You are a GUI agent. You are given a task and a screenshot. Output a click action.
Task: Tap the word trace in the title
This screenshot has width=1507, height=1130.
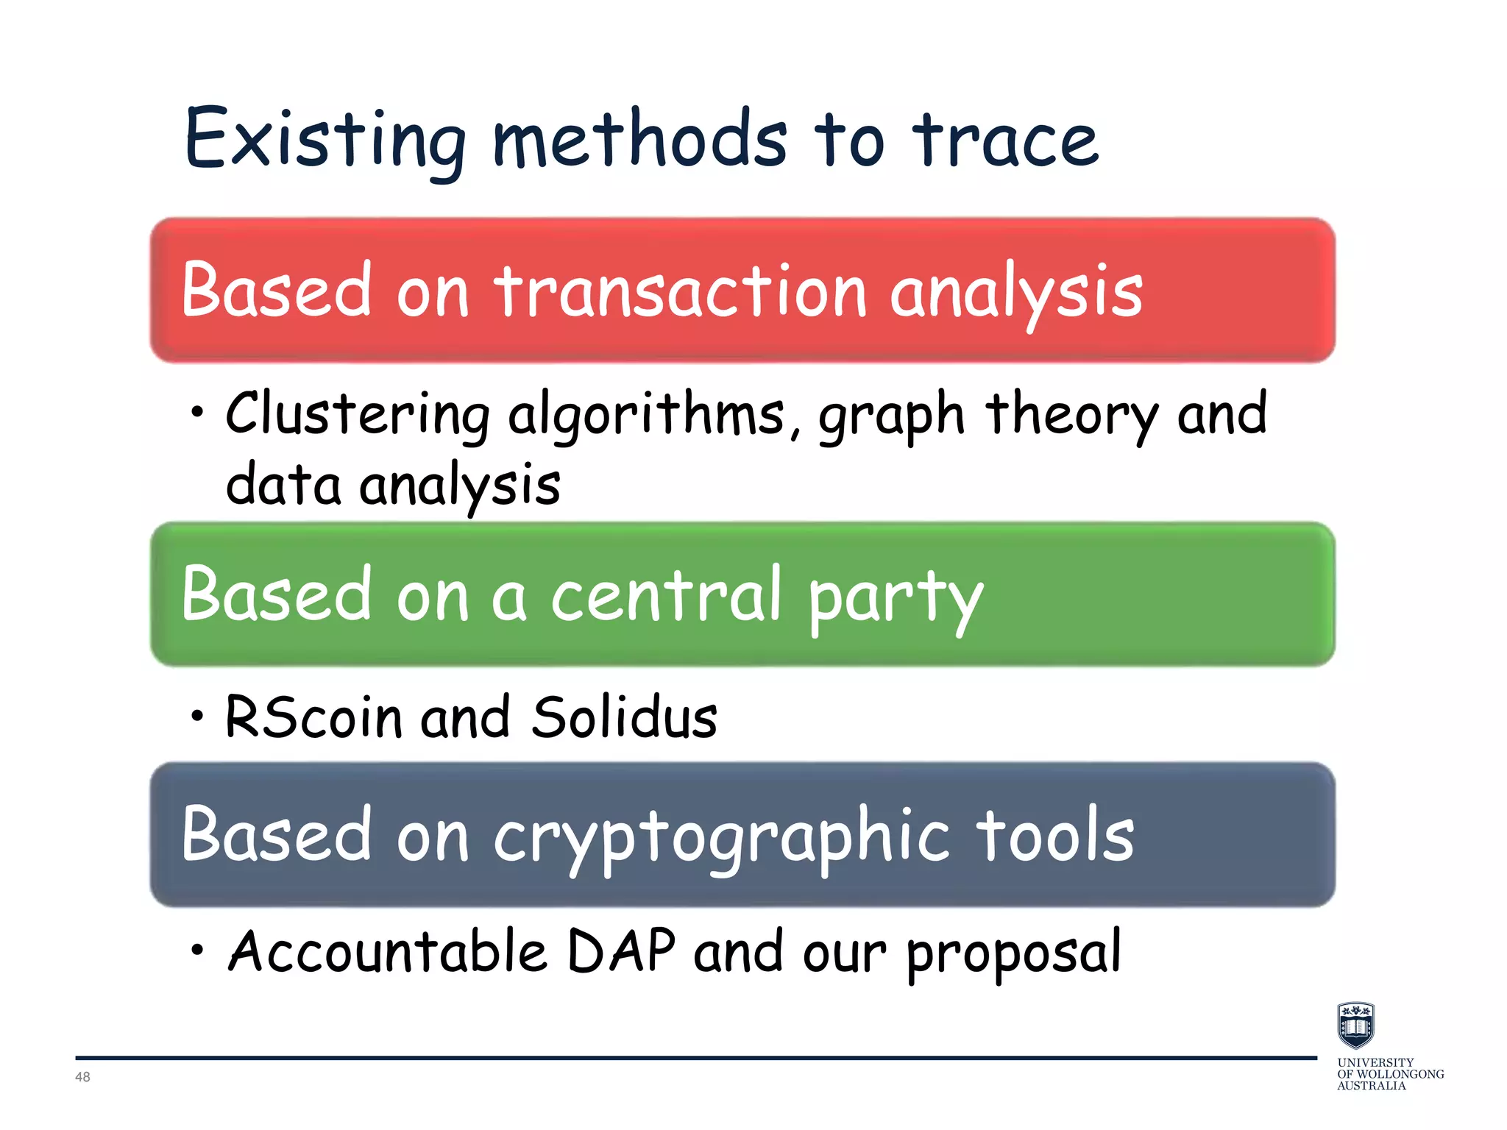pos(1005,140)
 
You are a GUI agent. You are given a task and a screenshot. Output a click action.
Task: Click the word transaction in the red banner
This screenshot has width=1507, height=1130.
pos(681,292)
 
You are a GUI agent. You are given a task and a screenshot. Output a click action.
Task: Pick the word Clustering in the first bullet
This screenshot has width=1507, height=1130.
pos(358,415)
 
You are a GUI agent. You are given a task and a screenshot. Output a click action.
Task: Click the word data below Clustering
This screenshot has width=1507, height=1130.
pos(284,486)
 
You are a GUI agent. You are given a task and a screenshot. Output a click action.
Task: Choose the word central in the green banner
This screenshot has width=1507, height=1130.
pos(667,595)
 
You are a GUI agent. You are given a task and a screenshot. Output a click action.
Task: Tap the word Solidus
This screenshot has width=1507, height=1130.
pos(624,717)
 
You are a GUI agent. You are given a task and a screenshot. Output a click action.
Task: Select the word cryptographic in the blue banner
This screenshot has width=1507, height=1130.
pos(721,837)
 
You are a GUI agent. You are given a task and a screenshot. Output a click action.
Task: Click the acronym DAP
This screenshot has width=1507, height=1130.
pos(622,951)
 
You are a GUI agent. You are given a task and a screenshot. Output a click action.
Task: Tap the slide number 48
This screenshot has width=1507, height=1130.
pos(82,1077)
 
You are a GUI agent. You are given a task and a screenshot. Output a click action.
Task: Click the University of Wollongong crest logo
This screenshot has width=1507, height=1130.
pos(1355,1025)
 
